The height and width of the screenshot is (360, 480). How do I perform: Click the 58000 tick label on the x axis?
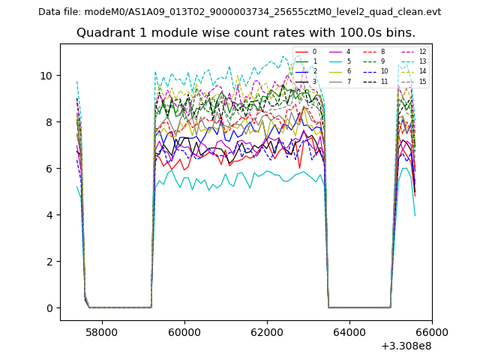101,331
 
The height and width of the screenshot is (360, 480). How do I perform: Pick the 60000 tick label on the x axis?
184,331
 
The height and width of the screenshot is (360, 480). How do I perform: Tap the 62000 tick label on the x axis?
266,331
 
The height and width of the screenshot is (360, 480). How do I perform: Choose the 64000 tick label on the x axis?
349,331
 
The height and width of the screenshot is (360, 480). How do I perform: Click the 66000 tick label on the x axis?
432,331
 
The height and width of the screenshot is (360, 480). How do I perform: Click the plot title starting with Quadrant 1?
245,33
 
